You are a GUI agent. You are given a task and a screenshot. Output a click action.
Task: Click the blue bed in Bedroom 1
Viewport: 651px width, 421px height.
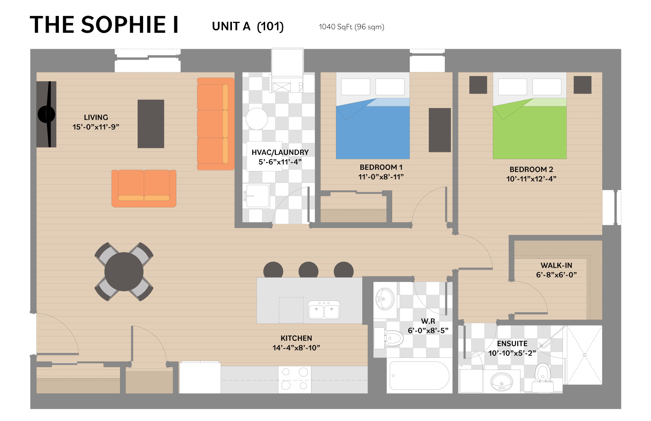[x=373, y=116]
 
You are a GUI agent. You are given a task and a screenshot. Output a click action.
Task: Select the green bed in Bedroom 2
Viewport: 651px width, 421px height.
[x=529, y=116]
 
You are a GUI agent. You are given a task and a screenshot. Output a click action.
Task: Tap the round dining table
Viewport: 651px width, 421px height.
[x=124, y=272]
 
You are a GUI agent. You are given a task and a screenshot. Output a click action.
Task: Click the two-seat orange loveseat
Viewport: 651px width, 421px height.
[x=144, y=188]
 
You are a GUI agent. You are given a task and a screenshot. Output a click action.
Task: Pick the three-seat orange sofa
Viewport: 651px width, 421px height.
[x=216, y=124]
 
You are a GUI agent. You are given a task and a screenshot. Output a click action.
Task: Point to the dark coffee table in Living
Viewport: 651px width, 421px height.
[x=151, y=124]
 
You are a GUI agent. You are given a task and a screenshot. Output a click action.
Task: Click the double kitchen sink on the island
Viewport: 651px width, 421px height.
[x=324, y=310]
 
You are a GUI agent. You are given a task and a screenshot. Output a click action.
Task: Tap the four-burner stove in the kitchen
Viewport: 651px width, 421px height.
[x=295, y=379]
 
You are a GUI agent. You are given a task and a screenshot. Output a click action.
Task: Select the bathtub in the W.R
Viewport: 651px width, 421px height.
[x=419, y=375]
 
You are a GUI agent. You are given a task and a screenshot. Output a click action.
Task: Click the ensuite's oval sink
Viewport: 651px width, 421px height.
[x=502, y=382]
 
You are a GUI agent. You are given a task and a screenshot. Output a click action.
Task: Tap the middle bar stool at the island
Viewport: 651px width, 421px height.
[x=308, y=270]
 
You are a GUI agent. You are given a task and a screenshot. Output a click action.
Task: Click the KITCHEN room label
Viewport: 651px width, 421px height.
[x=296, y=338]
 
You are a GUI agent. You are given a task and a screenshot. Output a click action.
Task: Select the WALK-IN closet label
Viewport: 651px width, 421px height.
[x=556, y=265]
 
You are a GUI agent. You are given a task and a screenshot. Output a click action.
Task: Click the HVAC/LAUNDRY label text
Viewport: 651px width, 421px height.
[x=280, y=152]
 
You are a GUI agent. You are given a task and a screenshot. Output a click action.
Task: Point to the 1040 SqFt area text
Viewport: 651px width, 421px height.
[x=351, y=27]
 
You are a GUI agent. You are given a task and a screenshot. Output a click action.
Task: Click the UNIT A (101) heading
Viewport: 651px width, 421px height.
[x=248, y=27]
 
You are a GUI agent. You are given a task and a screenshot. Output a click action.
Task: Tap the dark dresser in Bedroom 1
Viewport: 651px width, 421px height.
[x=440, y=130]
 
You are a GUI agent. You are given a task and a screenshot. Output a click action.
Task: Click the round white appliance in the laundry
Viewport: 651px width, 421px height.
[x=257, y=119]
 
